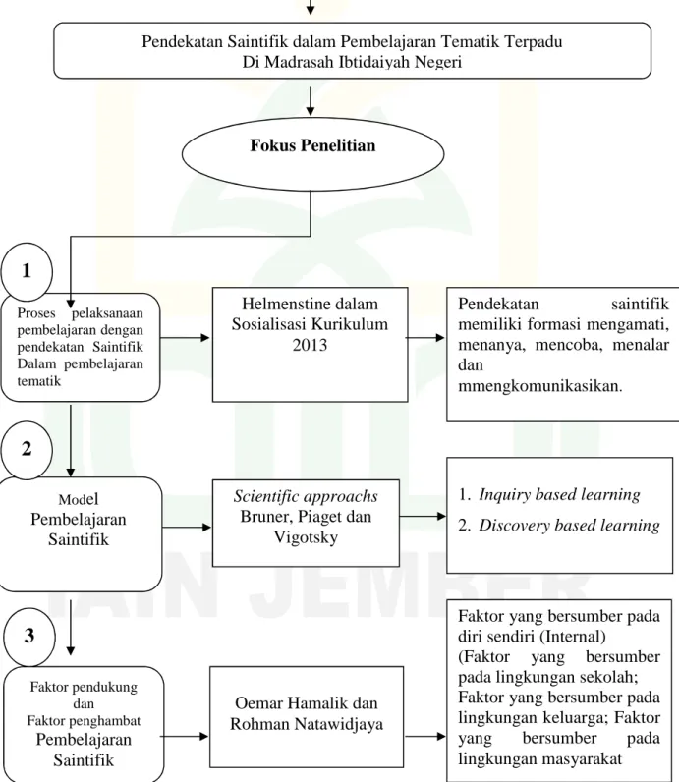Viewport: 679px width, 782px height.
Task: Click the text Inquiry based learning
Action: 559,494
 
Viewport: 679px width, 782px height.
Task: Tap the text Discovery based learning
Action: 569,525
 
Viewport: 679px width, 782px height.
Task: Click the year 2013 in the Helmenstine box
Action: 310,345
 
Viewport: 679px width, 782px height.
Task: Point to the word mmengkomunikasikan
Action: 540,386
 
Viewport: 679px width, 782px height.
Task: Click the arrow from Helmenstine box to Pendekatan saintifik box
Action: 425,338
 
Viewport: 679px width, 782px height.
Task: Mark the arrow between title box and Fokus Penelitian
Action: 311,101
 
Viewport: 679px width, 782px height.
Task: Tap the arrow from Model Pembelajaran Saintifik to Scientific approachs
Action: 187,528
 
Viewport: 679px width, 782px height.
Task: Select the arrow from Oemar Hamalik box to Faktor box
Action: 425,736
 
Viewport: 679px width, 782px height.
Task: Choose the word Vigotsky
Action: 306,537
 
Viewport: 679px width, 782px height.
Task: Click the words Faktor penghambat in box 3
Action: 84,721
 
